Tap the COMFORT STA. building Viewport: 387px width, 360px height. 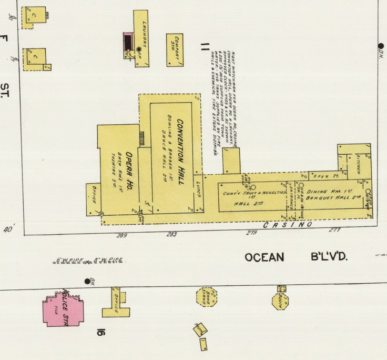coord(175,50)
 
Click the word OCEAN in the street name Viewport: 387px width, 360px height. coord(264,257)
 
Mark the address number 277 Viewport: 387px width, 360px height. coord(335,230)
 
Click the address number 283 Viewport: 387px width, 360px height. coord(171,234)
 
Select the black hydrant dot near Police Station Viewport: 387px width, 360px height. coord(87,281)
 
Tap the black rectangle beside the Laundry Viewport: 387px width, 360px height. coord(128,42)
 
